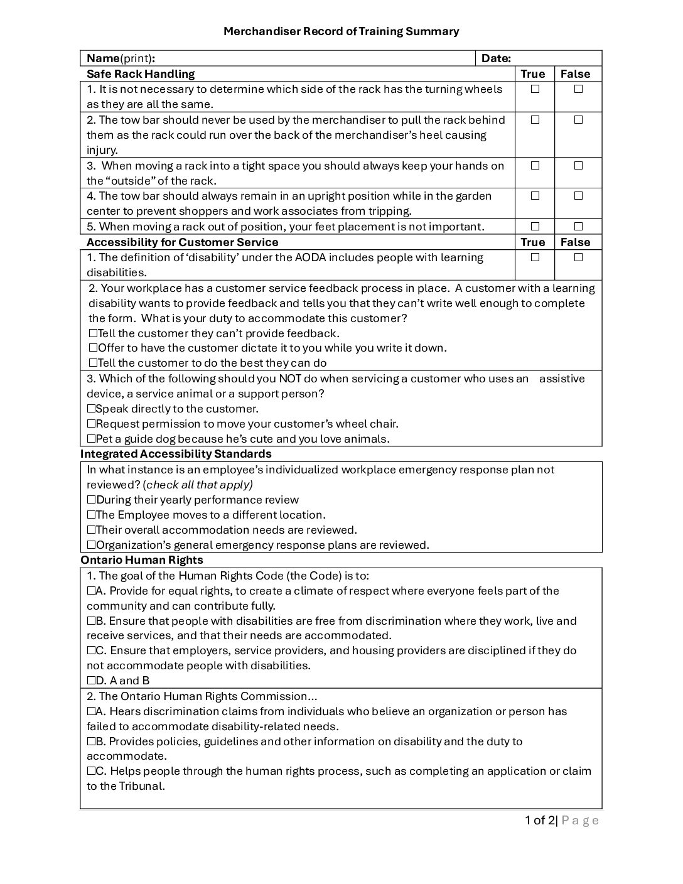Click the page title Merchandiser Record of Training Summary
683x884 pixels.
[341, 31]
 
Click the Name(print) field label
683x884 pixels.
[121, 58]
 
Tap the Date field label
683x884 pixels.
[496, 58]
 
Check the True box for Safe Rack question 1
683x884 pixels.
[535, 89]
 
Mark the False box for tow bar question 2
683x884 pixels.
[578, 120]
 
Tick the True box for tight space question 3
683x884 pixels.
[535, 166]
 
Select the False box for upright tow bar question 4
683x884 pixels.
[578, 196]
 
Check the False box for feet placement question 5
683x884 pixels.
[578, 226]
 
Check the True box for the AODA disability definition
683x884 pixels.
[535, 257]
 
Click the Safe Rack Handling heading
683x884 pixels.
[141, 73]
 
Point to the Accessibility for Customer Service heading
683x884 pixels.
[182, 242]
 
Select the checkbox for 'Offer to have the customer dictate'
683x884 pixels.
[93, 348]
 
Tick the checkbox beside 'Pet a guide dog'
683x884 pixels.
[91, 439]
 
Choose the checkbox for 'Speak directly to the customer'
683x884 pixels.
[91, 409]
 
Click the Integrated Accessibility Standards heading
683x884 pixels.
[176, 453]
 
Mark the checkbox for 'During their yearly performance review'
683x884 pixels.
[91, 500]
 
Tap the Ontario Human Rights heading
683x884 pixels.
[142, 559]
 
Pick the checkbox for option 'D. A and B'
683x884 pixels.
[91, 681]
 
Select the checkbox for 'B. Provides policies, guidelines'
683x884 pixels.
[91, 741]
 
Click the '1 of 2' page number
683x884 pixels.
[540, 820]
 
